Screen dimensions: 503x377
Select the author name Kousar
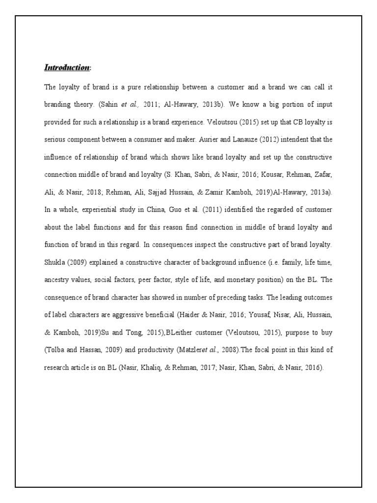click(x=252, y=174)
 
